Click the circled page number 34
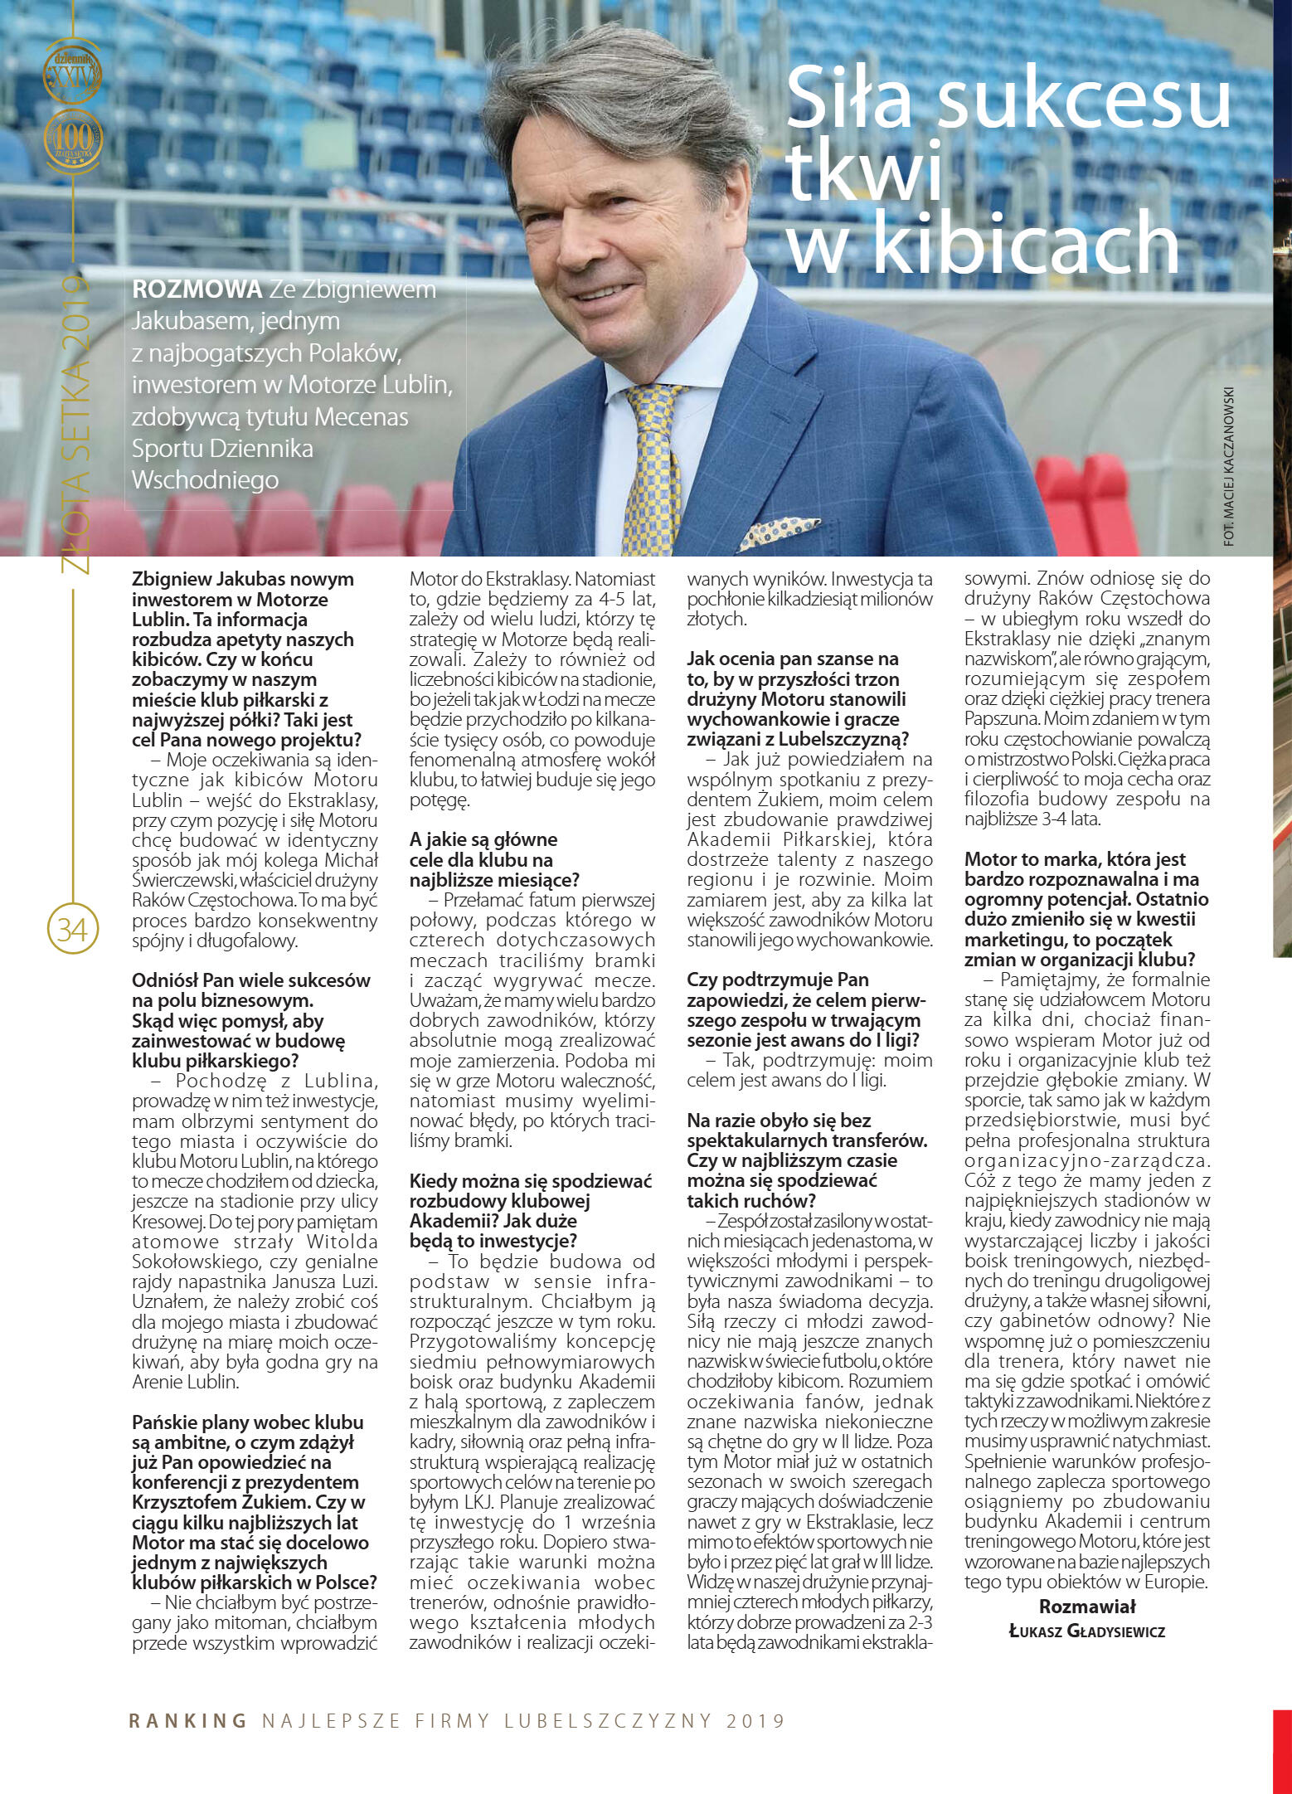pyautogui.click(x=73, y=928)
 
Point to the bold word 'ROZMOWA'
pyautogui.click(x=197, y=289)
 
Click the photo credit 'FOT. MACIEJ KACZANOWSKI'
pyautogui.click(x=1229, y=465)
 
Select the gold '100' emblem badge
pyautogui.click(x=73, y=139)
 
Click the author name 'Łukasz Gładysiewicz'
pyautogui.click(x=1086, y=1631)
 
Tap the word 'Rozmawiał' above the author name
pyautogui.click(x=1086, y=1606)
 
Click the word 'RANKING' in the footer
pyautogui.click(x=188, y=1720)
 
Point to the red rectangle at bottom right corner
pyautogui.click(x=1282, y=1750)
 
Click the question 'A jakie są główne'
pyautogui.click(x=483, y=839)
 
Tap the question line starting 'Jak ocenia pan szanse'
pyautogui.click(x=792, y=659)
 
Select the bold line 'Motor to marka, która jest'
pyautogui.click(x=1075, y=859)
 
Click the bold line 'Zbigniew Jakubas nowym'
pyautogui.click(x=242, y=579)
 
